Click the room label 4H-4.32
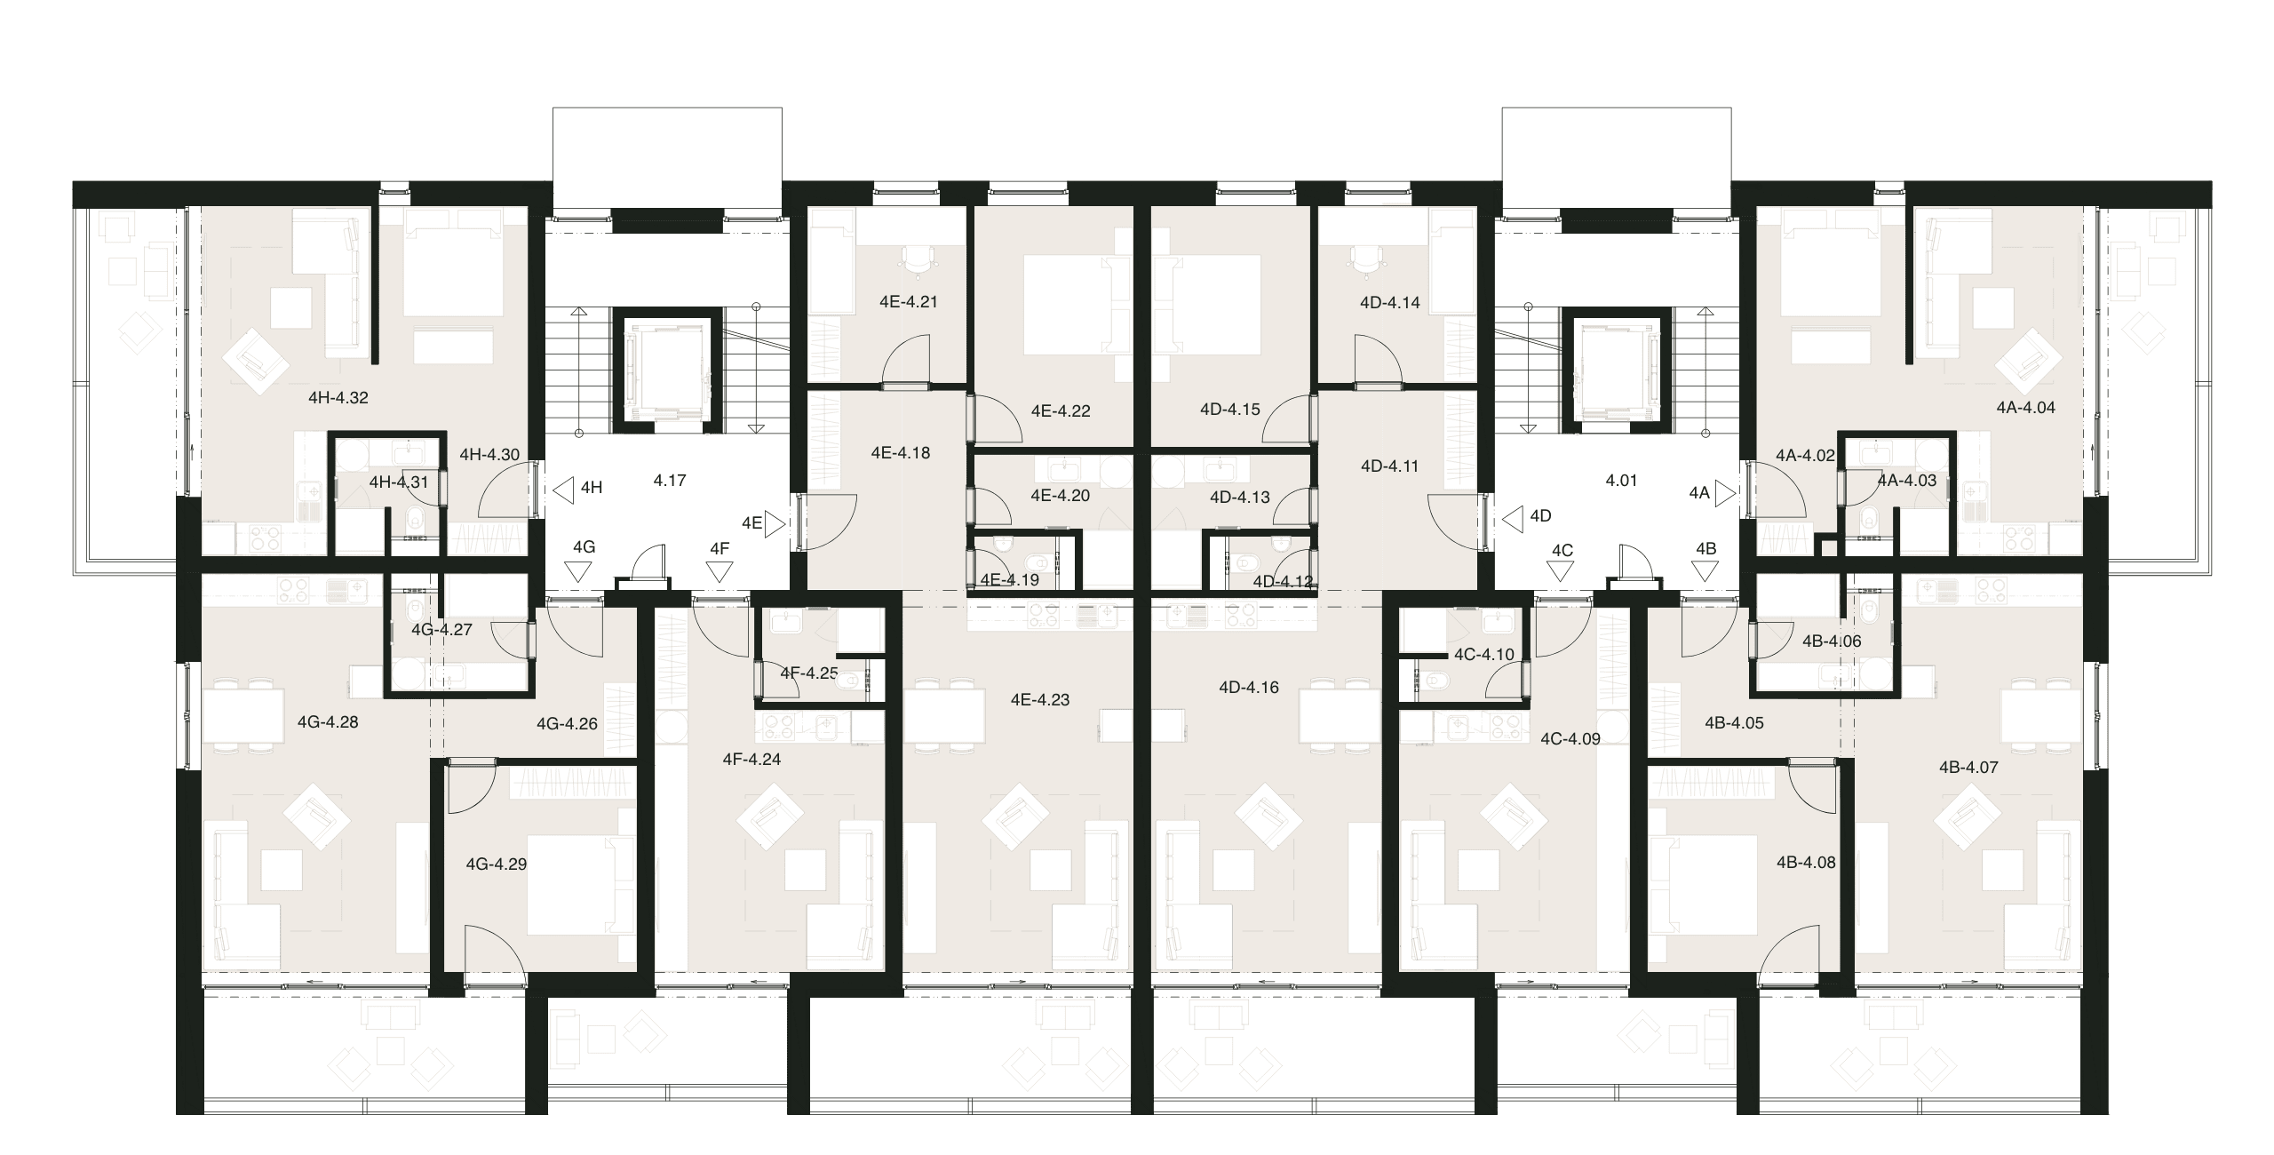[x=338, y=398]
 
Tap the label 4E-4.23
[x=1040, y=700]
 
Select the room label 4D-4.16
[x=1249, y=687]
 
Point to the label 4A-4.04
[x=2026, y=408]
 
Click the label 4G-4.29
[x=497, y=864]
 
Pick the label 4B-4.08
[x=1806, y=862]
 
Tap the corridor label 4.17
[x=670, y=481]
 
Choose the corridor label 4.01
[x=1621, y=481]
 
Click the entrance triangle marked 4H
[x=563, y=489]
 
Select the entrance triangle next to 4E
[x=775, y=524]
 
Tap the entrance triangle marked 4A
[x=1726, y=493]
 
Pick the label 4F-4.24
[x=751, y=760]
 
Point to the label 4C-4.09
[x=1570, y=738]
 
